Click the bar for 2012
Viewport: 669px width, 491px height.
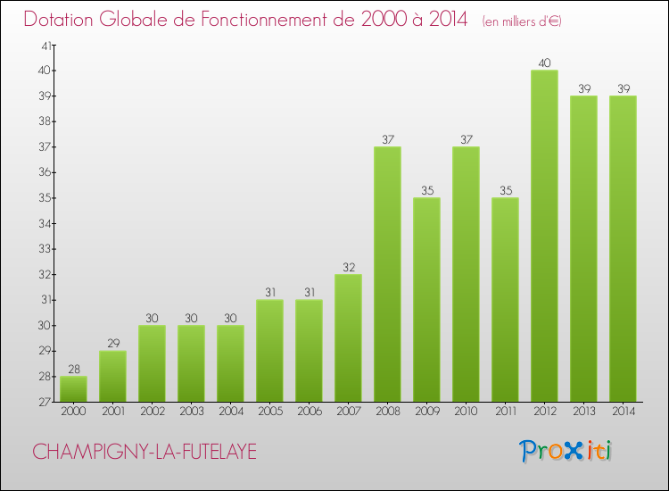[x=544, y=236]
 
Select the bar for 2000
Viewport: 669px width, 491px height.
[x=73, y=389]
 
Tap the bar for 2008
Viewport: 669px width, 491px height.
[x=387, y=274]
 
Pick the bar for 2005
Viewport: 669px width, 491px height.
[x=269, y=351]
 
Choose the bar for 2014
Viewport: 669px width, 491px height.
[x=623, y=249]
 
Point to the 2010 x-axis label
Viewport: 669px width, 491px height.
[x=466, y=412]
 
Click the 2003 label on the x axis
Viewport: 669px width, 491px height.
[x=191, y=412]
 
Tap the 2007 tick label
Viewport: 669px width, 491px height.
[x=348, y=412]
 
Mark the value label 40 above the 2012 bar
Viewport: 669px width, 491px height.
[x=544, y=62]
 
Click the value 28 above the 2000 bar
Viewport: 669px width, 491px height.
[x=73, y=369]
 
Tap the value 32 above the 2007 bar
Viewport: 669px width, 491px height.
[x=348, y=267]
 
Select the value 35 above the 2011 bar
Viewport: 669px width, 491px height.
[x=505, y=190]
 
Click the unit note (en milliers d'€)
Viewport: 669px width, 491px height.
[x=522, y=21]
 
